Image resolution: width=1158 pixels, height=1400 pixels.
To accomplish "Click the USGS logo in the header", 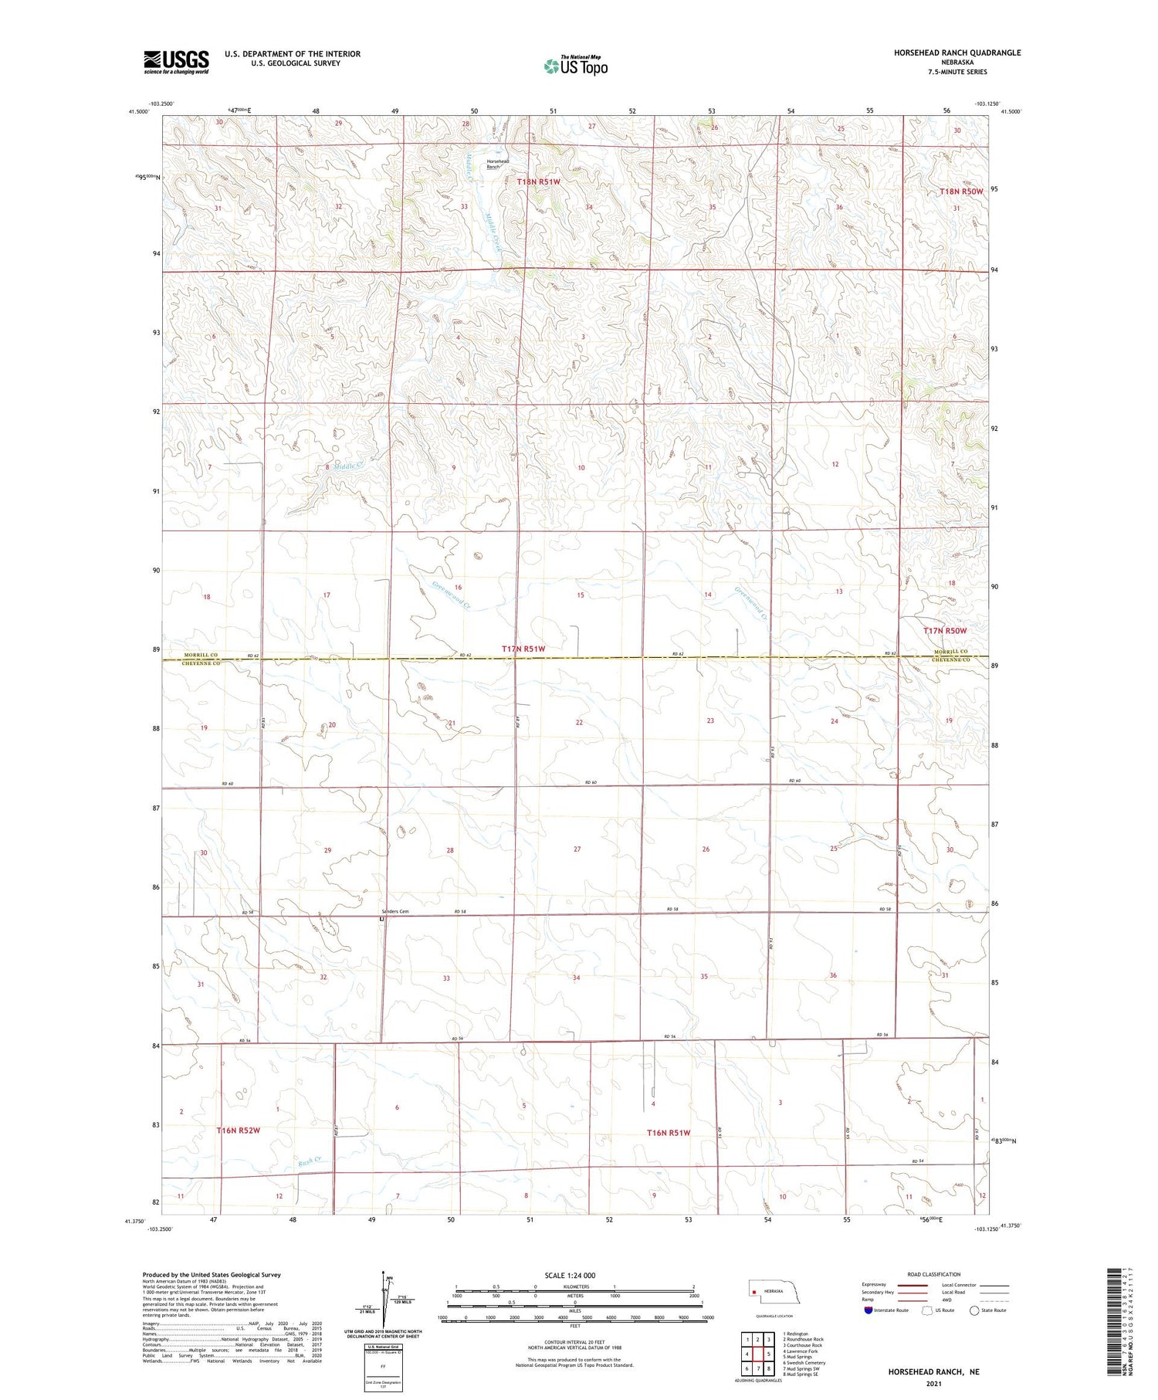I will (x=176, y=62).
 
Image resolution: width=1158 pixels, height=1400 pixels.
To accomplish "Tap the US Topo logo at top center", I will (x=576, y=66).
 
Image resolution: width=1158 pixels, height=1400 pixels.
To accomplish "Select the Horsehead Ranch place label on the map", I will (x=497, y=164).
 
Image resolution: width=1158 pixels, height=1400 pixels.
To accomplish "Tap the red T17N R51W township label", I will (x=523, y=649).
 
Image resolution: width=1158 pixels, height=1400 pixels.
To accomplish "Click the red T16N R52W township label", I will (x=238, y=1131).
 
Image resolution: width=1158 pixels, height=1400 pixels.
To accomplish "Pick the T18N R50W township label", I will (x=961, y=192).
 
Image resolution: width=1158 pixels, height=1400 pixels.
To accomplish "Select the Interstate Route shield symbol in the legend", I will (x=868, y=1310).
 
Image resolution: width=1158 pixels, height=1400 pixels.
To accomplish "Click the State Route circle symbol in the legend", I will (x=975, y=1310).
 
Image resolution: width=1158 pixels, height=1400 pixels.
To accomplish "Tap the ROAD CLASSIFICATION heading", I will (x=934, y=1274).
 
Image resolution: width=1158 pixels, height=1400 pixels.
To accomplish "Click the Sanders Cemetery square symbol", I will (x=381, y=919).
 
